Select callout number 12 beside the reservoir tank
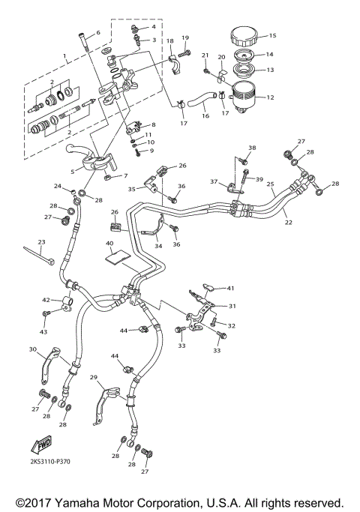[x=271, y=97]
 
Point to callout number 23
[x=41, y=241]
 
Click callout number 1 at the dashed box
[x=65, y=55]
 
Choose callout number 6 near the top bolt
[x=97, y=33]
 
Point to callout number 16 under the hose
[x=204, y=117]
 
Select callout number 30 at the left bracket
[x=33, y=349]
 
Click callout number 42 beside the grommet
[x=45, y=299]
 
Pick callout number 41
[x=231, y=288]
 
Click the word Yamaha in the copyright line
[x=87, y=501]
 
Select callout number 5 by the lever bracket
[x=71, y=171]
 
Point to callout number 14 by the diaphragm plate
[x=271, y=54]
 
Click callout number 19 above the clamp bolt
[x=185, y=37]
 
